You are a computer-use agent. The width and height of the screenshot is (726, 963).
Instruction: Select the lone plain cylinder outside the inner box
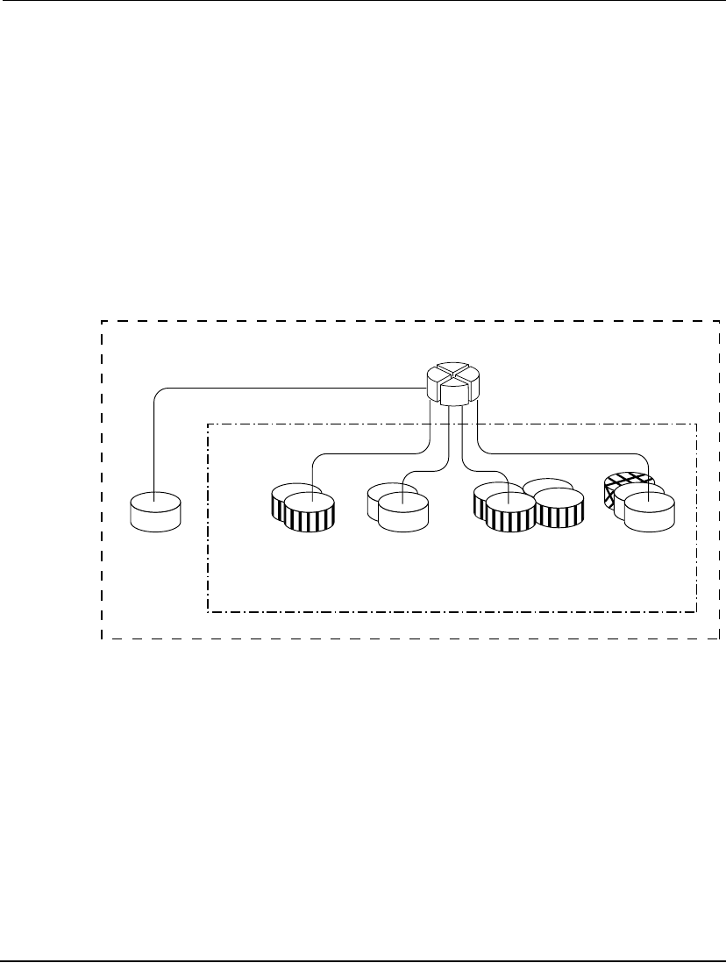[155, 512]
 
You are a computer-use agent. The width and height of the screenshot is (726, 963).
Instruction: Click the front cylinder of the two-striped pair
[310, 512]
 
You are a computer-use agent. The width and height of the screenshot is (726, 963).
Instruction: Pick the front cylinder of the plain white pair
[403, 512]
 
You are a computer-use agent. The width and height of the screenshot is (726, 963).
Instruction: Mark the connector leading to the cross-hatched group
[561, 453]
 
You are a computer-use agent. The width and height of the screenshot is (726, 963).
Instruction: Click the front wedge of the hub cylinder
[452, 395]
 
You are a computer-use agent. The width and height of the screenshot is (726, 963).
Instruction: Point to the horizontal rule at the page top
[363, 2]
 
